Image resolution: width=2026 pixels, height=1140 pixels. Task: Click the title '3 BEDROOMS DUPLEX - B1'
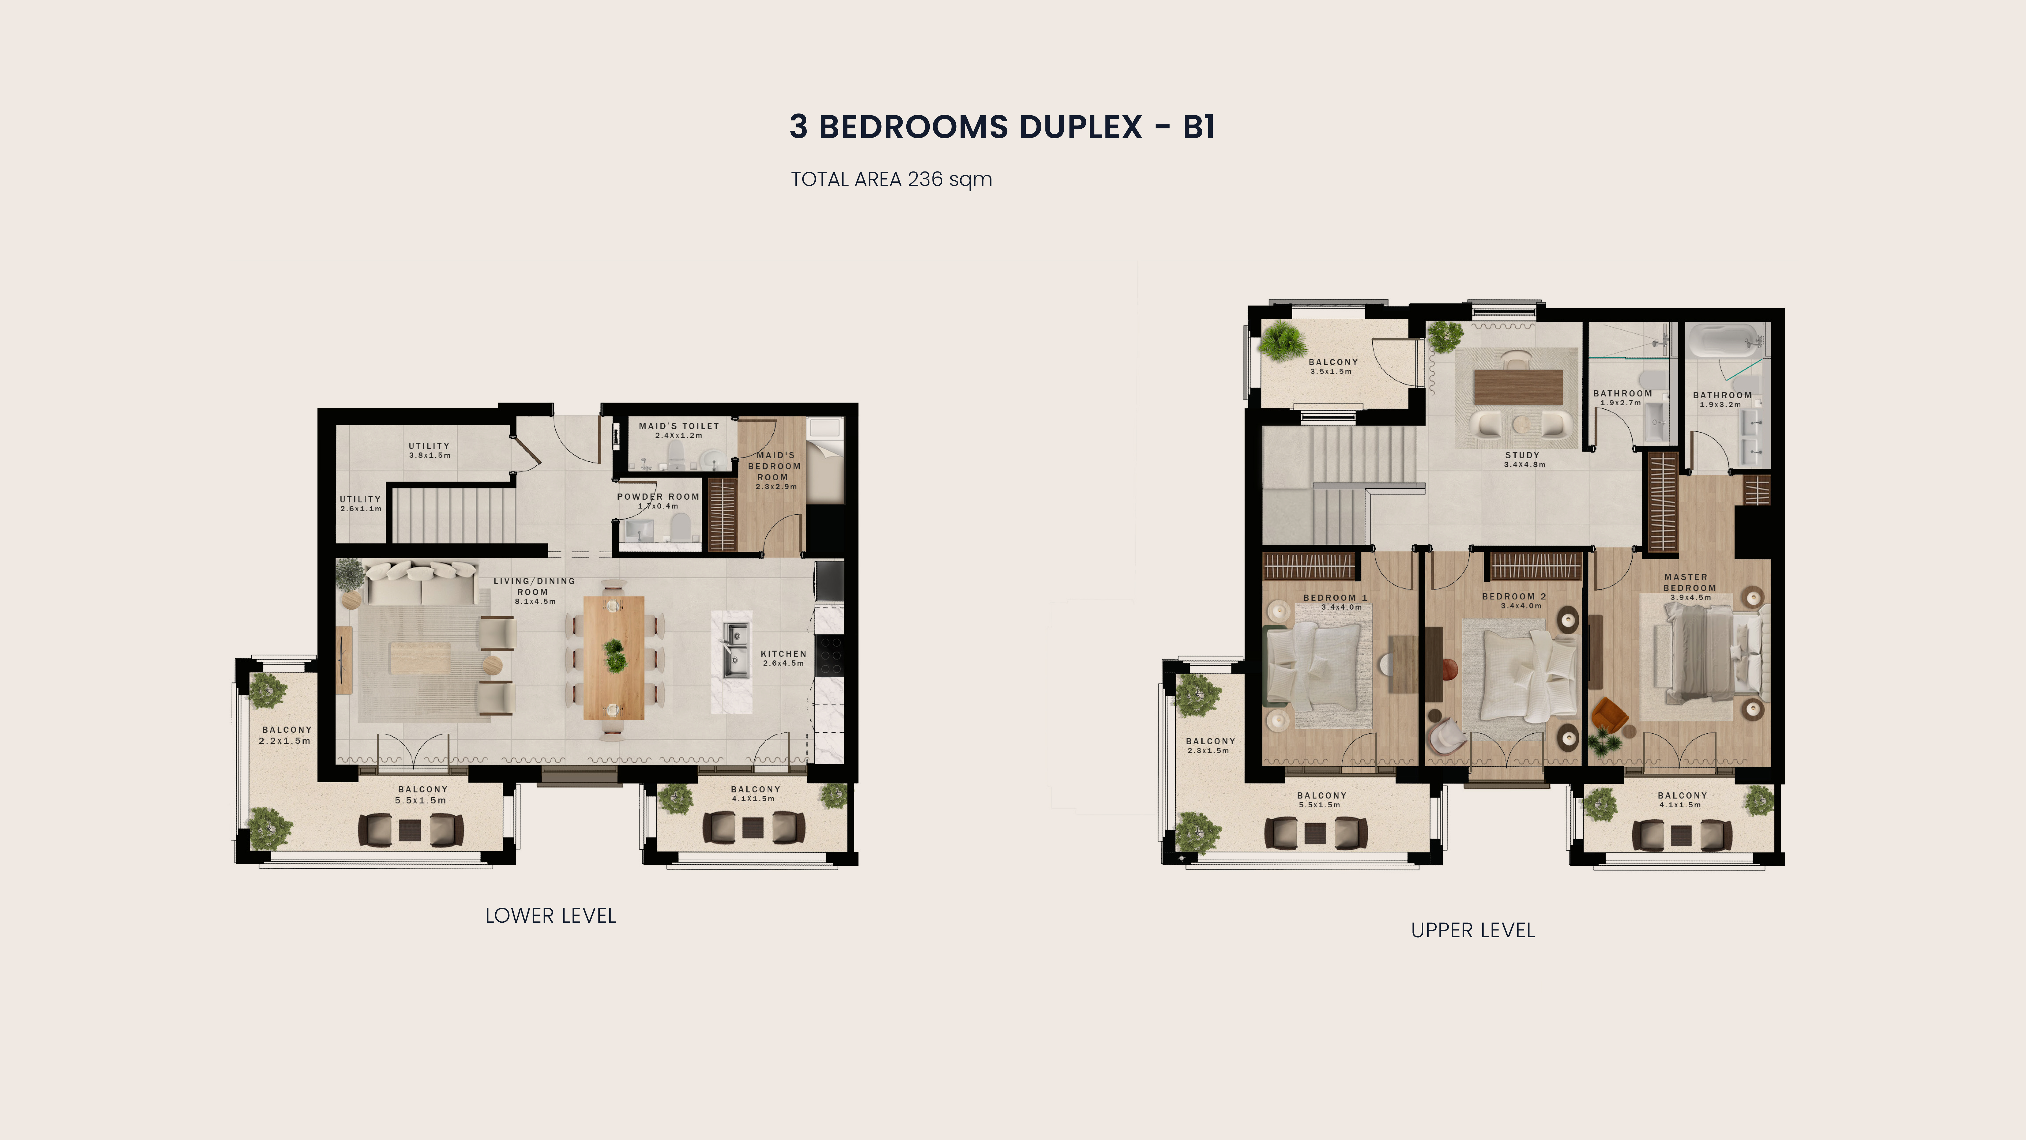pos(1002,127)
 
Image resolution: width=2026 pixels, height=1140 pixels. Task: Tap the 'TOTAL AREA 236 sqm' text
pos(891,179)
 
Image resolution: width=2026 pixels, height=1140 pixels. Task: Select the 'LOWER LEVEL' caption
pos(551,916)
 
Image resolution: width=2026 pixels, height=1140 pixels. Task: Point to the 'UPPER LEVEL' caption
pos(1472,931)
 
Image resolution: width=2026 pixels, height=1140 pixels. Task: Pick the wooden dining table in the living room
pos(613,658)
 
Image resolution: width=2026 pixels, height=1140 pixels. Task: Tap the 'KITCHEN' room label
pos(783,654)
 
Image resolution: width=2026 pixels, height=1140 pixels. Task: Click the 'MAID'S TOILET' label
pos(679,426)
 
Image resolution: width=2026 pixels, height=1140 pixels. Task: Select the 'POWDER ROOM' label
pos(658,497)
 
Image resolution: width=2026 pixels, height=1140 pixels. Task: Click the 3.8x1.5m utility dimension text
pos(430,455)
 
